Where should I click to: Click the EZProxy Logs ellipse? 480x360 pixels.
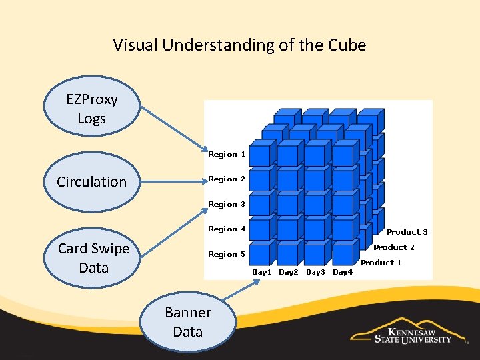(92, 109)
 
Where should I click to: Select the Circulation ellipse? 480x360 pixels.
(91, 181)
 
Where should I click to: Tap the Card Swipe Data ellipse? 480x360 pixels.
(93, 258)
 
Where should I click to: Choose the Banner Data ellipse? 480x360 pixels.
(187, 322)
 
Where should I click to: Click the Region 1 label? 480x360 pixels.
(227, 155)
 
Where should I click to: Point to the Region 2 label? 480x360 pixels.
(227, 179)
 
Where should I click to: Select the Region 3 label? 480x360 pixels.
(227, 205)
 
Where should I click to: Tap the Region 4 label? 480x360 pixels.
(227, 229)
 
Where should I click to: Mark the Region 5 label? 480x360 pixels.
(227, 255)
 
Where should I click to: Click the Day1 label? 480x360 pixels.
(262, 273)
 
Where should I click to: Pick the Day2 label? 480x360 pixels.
(289, 273)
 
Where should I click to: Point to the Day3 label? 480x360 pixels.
(315, 273)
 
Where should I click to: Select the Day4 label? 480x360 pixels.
(343, 273)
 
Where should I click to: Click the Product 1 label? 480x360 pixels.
(381, 263)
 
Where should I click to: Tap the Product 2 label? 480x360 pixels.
(395, 247)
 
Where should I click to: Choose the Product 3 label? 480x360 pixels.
(407, 232)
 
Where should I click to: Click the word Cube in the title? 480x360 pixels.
(347, 45)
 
